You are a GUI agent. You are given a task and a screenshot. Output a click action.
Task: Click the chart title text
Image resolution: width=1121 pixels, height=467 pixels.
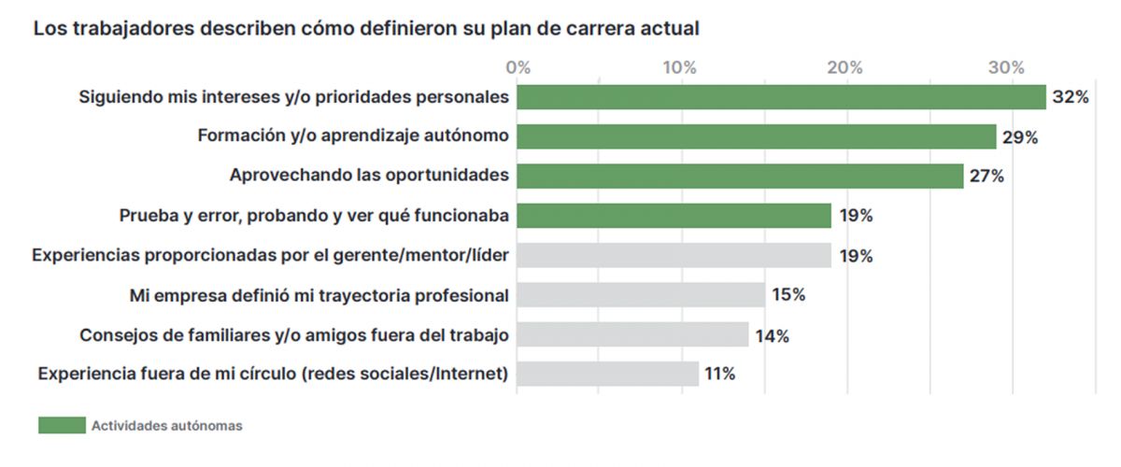click(x=366, y=28)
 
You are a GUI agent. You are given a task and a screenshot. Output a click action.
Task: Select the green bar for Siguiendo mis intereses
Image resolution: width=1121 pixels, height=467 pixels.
click(x=781, y=97)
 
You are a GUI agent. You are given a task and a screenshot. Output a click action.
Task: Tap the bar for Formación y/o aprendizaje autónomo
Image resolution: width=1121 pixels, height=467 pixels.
click(x=757, y=136)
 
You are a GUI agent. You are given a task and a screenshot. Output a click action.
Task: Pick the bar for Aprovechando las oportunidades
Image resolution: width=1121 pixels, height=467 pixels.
click(x=740, y=176)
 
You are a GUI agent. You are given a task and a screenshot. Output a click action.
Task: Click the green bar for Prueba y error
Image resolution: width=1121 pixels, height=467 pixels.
click(x=674, y=216)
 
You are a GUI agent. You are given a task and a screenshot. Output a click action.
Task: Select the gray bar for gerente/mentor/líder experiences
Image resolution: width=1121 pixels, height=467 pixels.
click(x=674, y=255)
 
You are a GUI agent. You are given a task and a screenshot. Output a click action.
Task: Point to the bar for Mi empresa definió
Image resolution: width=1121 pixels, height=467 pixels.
click(x=641, y=295)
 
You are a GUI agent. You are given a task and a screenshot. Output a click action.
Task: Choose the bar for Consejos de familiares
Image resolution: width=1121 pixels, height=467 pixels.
click(x=632, y=334)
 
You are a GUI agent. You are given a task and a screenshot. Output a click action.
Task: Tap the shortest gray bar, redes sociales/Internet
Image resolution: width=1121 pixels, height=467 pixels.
click(x=607, y=374)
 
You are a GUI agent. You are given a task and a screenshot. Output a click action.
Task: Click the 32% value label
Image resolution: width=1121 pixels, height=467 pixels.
click(x=1071, y=97)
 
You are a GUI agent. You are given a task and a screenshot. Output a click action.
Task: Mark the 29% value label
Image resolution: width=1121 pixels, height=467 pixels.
click(x=1020, y=137)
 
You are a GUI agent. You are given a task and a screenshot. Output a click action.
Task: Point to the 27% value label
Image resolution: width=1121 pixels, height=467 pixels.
click(x=986, y=177)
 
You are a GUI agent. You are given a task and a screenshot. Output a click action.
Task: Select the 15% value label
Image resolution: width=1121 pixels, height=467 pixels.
click(x=788, y=295)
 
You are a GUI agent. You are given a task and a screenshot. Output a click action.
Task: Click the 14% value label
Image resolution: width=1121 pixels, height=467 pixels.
click(x=772, y=335)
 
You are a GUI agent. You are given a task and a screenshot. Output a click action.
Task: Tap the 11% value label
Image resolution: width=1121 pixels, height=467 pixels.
click(x=720, y=375)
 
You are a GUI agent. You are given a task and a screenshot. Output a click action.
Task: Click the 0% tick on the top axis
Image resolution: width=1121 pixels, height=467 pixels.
click(x=518, y=67)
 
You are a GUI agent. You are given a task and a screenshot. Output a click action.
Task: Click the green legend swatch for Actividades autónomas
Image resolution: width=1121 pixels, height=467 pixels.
click(x=61, y=426)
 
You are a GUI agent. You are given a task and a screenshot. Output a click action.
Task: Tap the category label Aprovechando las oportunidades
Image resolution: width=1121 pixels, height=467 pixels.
click(x=369, y=176)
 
